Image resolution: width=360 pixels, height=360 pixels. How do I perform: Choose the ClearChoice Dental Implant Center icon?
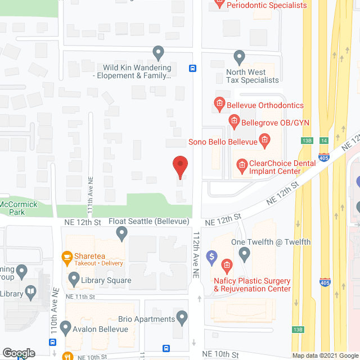coord(241,165)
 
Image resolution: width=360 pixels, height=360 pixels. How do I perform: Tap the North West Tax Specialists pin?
coord(240,57)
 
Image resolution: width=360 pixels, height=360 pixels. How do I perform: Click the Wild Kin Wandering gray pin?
coord(158,53)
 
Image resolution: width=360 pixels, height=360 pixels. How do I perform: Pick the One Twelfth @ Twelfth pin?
coord(244,254)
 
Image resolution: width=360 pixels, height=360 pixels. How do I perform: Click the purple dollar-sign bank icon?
coord(212,258)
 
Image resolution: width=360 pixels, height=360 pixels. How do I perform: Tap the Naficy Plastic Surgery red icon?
coord(227,264)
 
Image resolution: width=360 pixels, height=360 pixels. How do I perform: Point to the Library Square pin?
coord(74,278)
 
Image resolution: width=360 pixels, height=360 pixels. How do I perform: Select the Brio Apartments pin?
coord(182,318)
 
